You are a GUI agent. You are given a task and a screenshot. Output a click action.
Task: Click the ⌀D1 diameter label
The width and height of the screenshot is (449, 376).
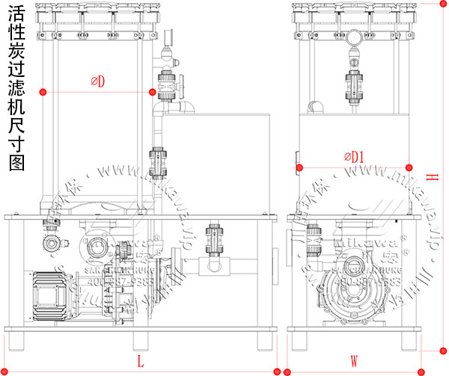click(x=354, y=156)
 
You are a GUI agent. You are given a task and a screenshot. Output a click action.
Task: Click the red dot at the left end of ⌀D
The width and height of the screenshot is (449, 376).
click(x=44, y=92)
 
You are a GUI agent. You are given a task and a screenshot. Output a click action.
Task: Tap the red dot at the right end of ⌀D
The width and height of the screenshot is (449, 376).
click(x=153, y=92)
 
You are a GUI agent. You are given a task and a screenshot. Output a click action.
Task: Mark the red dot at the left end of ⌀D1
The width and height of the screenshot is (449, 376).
click(x=299, y=167)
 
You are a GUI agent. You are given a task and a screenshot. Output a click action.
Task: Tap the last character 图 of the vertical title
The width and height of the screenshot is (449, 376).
click(x=16, y=164)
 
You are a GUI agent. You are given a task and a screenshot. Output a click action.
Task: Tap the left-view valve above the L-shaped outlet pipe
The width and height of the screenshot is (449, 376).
click(x=215, y=238)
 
